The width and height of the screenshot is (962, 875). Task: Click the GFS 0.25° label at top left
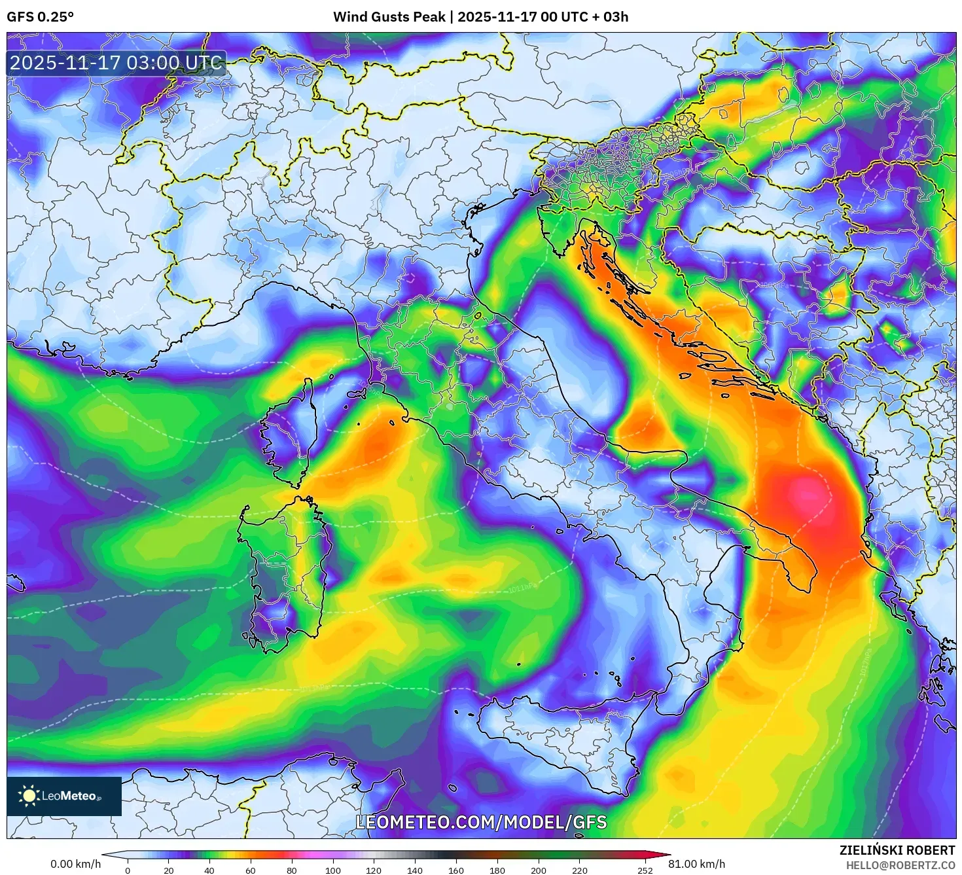click(x=40, y=17)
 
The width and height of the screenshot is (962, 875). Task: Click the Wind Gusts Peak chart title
click(x=480, y=17)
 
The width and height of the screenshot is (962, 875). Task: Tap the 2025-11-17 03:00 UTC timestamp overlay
click(x=116, y=63)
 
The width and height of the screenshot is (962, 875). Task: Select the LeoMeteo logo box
click(x=64, y=796)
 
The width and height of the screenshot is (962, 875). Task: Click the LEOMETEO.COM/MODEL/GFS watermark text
click(x=481, y=822)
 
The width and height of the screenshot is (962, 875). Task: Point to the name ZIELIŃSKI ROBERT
click(x=897, y=850)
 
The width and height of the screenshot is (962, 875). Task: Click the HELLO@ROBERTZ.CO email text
click(x=899, y=865)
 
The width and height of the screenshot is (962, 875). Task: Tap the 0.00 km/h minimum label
click(x=76, y=864)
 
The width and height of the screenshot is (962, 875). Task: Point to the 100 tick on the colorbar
click(x=333, y=870)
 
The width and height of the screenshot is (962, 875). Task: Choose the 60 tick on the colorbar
click(x=251, y=870)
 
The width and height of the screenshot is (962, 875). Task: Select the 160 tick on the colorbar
click(x=456, y=870)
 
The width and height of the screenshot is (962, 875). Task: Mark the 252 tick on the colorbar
click(x=645, y=870)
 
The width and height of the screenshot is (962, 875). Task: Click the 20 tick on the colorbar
click(x=169, y=870)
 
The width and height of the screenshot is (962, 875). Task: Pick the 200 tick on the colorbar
click(x=539, y=870)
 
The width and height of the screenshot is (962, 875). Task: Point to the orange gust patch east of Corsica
click(x=376, y=442)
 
